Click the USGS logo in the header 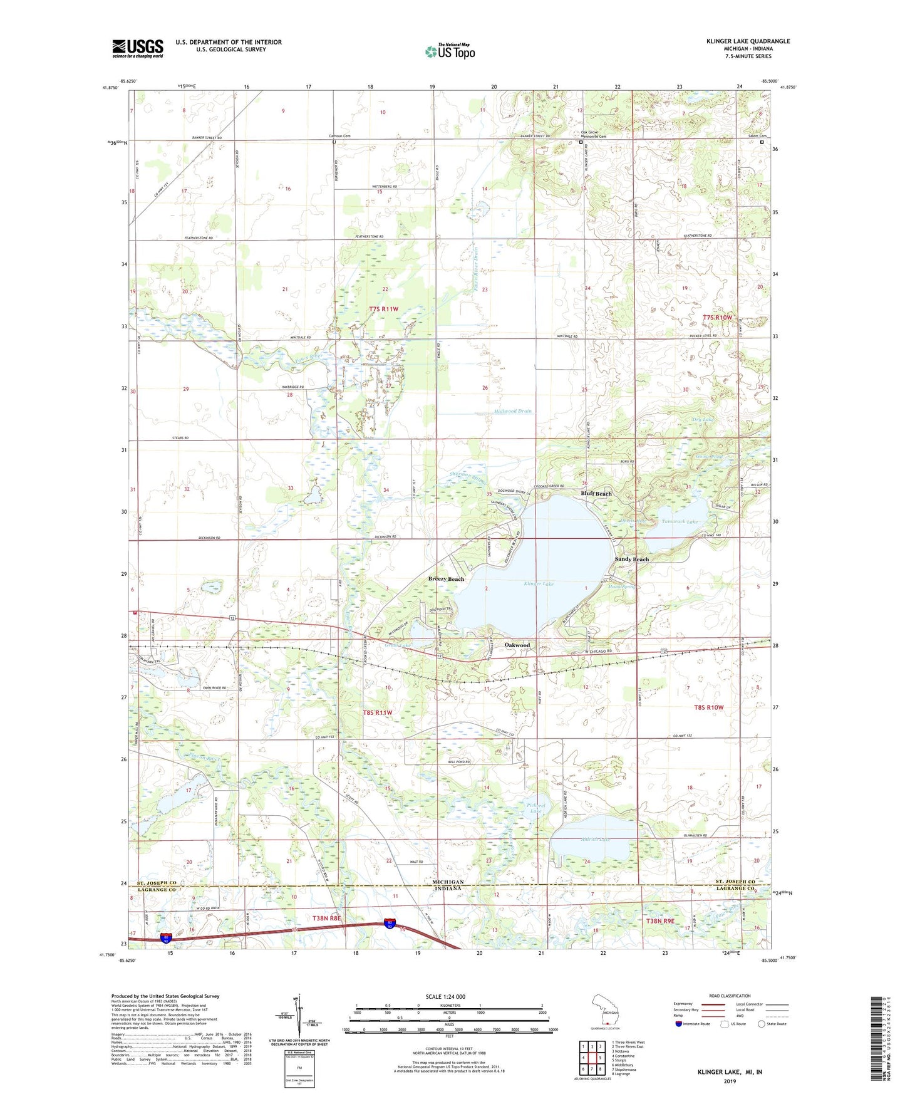click(137, 48)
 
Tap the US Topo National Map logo click(450, 51)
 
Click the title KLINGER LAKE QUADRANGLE click(748, 41)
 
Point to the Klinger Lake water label click(539, 583)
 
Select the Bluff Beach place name click(596, 494)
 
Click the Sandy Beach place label click(631, 559)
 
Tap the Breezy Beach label click(446, 579)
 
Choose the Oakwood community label click(517, 645)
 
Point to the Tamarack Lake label click(680, 521)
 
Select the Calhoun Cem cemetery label click(339, 136)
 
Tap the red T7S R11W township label click(383, 310)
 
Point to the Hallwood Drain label click(512, 411)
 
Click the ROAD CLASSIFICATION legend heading click(729, 996)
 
